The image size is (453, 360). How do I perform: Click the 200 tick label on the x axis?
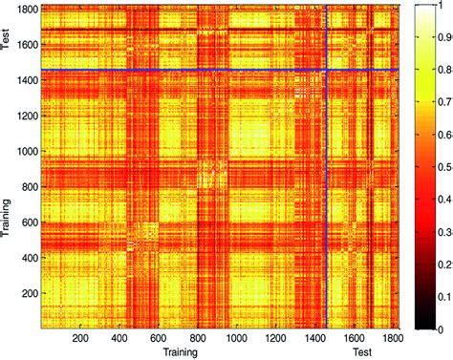pos(81,337)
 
